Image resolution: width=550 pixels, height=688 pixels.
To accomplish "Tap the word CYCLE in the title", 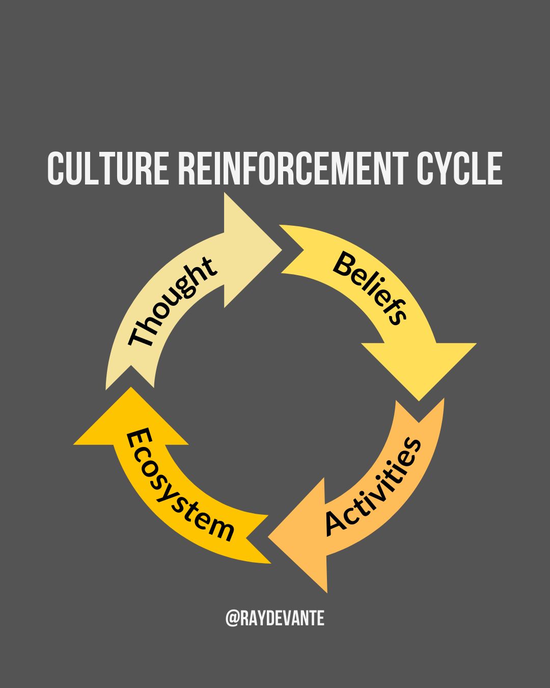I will pos(459,168).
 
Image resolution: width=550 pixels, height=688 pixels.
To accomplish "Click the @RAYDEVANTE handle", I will pos(275,619).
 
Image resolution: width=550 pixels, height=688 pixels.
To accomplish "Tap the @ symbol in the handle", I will pos(233,619).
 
